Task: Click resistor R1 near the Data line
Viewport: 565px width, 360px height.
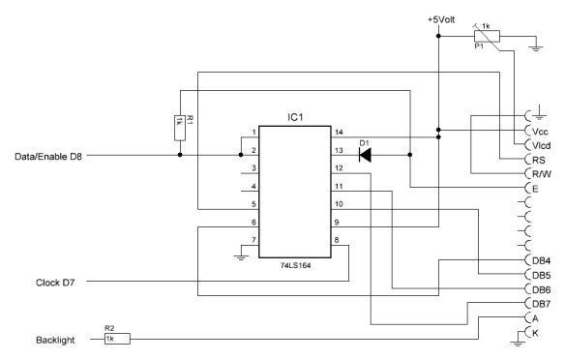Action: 180,125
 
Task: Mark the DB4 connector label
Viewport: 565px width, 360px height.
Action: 542,259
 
